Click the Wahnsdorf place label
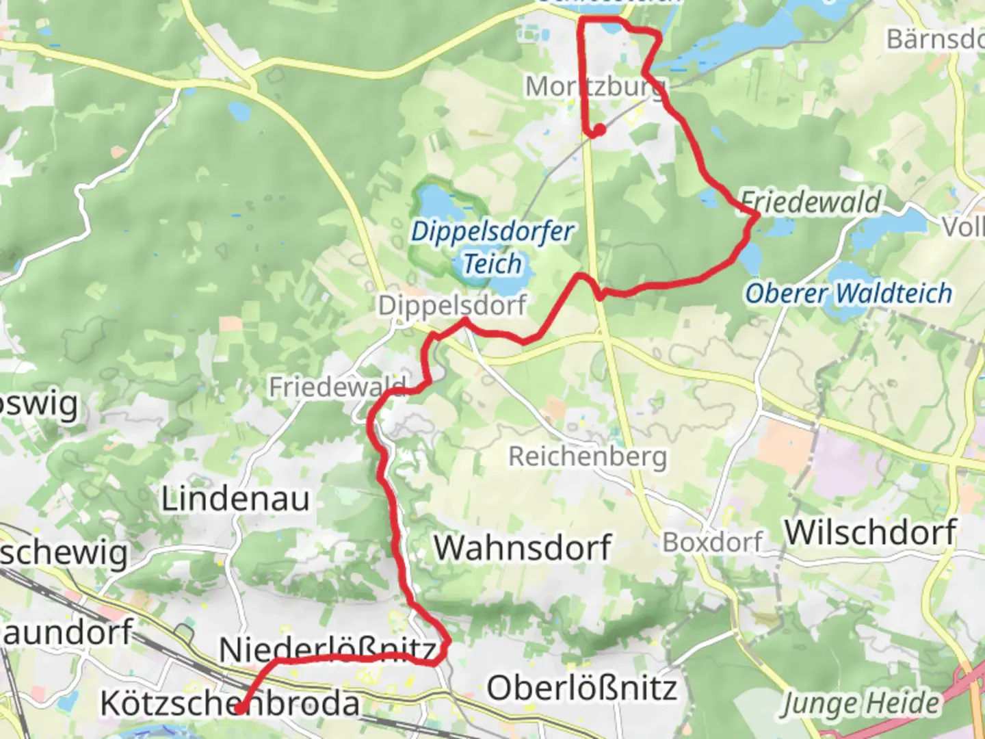click(523, 547)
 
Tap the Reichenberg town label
click(587, 456)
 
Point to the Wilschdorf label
click(870, 532)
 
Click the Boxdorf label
click(711, 542)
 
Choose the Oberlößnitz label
click(581, 687)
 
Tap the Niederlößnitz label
click(327, 649)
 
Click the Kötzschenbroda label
click(230, 703)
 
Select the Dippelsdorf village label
click(452, 305)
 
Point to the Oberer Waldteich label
click(848, 293)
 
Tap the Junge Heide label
click(861, 703)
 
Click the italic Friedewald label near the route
click(811, 202)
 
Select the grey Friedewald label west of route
click(337, 387)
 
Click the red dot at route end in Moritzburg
click(600, 129)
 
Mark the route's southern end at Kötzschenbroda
click(240, 709)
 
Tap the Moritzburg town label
click(594, 87)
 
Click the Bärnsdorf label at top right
click(934, 39)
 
